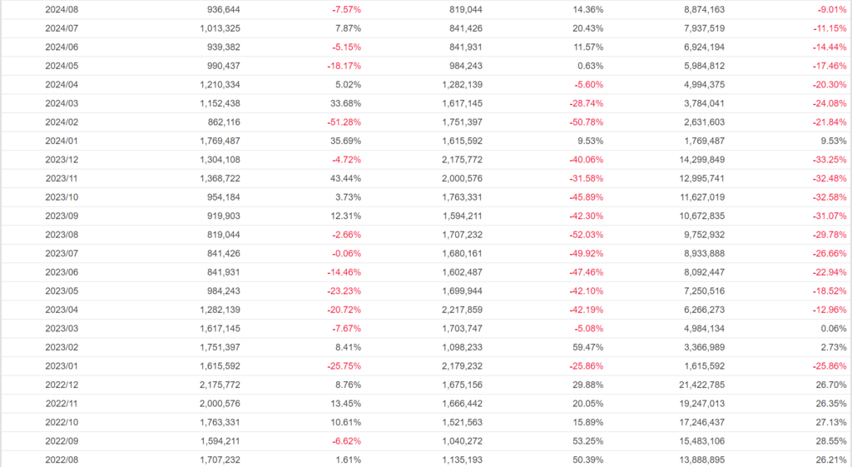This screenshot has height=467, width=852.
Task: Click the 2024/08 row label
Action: pyautogui.click(x=61, y=10)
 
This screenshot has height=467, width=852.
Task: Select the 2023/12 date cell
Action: pyautogui.click(x=61, y=160)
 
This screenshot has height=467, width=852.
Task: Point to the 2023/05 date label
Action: pyautogui.click(x=61, y=291)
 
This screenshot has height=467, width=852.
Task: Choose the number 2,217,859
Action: pyautogui.click(x=454, y=310)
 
